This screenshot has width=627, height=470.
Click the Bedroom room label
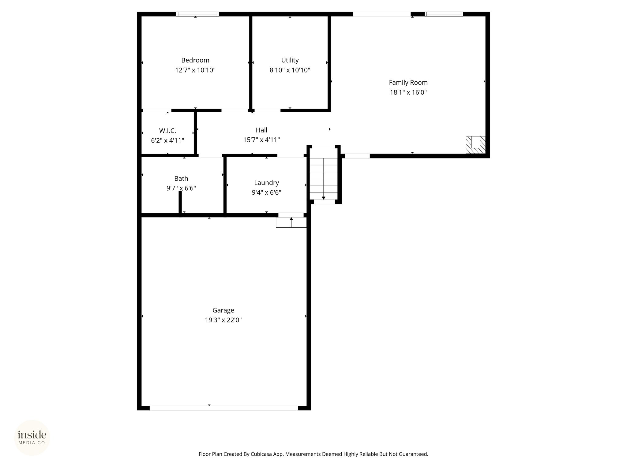[195, 60]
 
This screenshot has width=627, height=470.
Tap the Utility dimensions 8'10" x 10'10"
[290, 70]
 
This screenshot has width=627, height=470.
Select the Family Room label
[408, 83]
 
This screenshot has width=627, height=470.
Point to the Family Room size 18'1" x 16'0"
[408, 92]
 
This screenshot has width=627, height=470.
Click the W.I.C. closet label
[167, 131]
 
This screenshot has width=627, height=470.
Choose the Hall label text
[261, 130]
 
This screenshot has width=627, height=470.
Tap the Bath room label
[181, 178]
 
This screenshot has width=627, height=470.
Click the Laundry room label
[266, 183]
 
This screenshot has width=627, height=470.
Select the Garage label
[223, 310]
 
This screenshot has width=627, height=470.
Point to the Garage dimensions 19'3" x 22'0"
[223, 320]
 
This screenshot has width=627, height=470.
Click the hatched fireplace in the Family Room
[475, 145]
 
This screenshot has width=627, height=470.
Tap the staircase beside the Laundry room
[324, 179]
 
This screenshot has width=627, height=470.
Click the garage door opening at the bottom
[223, 408]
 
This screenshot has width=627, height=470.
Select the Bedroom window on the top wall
[197, 14]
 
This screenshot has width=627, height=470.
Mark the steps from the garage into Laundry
[291, 222]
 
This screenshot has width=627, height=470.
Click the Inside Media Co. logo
[32, 438]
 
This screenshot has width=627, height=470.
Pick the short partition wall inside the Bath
[180, 202]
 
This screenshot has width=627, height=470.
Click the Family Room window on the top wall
[444, 14]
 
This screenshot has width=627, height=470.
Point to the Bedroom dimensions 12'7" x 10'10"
[195, 70]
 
